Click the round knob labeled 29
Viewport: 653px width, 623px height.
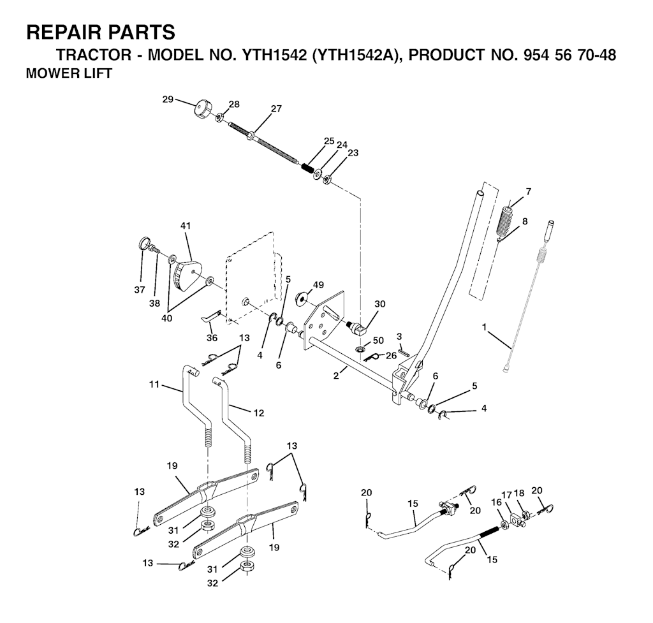tap(202, 110)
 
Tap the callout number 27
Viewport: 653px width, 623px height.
tap(276, 108)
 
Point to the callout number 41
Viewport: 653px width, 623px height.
tap(186, 226)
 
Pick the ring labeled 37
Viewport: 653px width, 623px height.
tap(143, 243)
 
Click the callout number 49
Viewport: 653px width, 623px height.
tap(319, 285)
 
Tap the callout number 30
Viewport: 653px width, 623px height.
tap(380, 304)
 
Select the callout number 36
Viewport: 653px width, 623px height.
tap(212, 338)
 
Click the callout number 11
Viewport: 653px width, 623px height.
tap(154, 385)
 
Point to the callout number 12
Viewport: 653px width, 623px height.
tap(259, 413)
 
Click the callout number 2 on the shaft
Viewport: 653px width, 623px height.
tap(335, 375)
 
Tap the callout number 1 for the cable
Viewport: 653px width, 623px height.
tap(485, 327)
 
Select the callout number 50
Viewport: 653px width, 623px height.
tap(378, 341)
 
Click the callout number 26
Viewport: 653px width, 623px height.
tap(391, 356)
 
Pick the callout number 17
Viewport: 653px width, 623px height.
tap(506, 495)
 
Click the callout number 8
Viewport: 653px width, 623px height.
tap(525, 221)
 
